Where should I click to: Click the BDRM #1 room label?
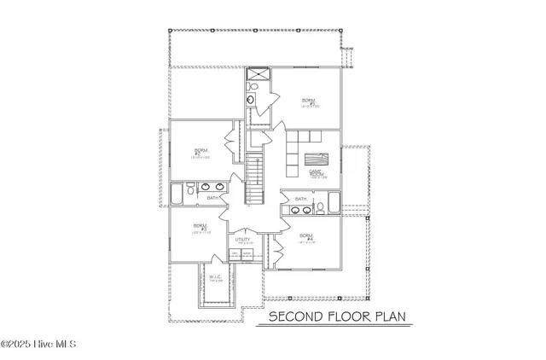click(x=308, y=102)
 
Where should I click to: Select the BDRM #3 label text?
click(x=200, y=228)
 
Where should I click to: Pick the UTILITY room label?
click(x=242, y=241)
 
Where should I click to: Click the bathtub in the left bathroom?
click(x=177, y=194)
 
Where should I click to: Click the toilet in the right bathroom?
click(x=319, y=206)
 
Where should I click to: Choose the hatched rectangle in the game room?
click(x=316, y=160)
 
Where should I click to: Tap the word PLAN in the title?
click(x=386, y=318)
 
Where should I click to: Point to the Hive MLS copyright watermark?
click(x=39, y=345)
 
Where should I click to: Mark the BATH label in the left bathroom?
click(x=212, y=198)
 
